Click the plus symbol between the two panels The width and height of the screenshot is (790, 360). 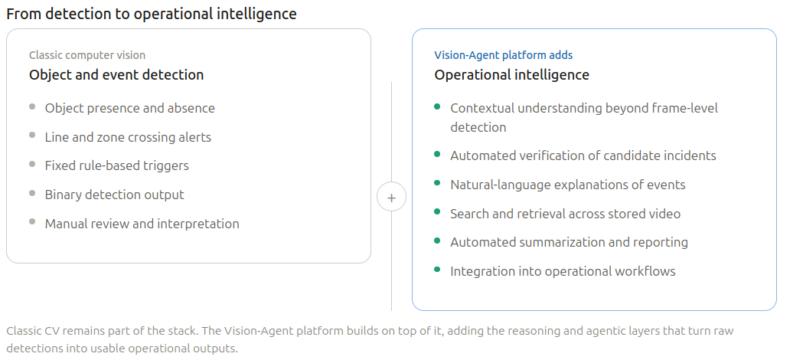point(391,198)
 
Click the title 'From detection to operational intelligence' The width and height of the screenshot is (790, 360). point(152,14)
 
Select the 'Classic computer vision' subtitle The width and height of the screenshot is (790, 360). point(87,55)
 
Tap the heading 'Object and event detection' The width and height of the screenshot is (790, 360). point(116,75)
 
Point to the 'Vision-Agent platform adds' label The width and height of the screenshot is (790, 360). point(504,55)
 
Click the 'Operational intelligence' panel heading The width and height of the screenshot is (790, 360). point(512,75)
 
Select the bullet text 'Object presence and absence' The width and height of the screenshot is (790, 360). point(130,108)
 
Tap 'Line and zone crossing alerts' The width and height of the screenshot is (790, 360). point(128,137)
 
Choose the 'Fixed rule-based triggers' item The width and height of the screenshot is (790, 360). point(116,165)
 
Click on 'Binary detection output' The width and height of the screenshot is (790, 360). point(115,195)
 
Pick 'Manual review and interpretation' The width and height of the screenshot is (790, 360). point(142,224)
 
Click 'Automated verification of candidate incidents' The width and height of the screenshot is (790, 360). point(583,155)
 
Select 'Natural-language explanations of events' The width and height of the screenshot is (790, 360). point(568,185)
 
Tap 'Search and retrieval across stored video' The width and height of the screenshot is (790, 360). point(566,214)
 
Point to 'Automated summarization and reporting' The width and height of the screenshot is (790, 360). point(570,242)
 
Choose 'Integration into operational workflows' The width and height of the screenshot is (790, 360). point(563,271)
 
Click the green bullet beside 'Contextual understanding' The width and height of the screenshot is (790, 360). point(437,107)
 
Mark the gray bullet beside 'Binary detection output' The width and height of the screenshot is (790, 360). point(32,193)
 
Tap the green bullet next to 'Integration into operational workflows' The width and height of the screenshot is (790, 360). point(437,270)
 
